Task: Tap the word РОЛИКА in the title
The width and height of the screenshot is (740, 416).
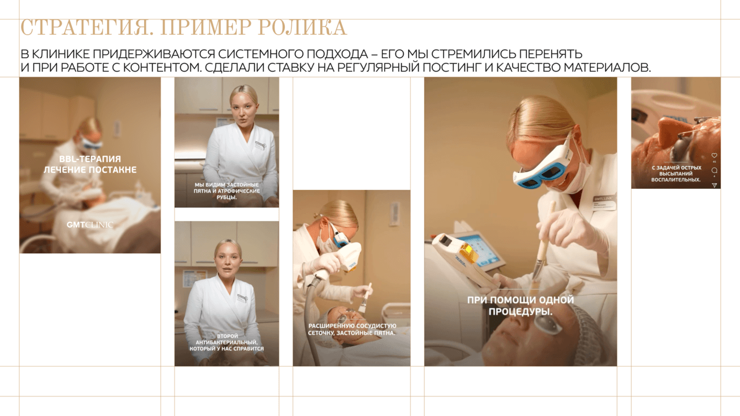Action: tap(302, 28)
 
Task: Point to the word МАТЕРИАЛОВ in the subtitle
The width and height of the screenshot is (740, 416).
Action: tap(607, 68)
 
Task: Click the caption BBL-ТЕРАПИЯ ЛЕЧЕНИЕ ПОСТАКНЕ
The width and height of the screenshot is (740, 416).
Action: tap(90, 164)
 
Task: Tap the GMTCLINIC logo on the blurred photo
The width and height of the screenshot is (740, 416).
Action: tap(90, 225)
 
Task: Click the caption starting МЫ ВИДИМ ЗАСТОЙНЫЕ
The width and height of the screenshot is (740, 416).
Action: tap(226, 191)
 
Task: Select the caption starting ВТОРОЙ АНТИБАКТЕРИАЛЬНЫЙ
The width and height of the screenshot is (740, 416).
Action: tap(226, 342)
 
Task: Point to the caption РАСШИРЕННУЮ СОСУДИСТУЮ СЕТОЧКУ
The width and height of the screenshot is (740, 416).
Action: tap(352, 329)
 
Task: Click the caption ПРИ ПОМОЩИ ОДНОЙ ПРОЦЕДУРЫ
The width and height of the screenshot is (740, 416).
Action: tap(520, 306)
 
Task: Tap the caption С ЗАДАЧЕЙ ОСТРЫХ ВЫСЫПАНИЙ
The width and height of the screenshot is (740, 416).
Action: tap(676, 174)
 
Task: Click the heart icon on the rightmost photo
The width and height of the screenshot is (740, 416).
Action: tap(714, 156)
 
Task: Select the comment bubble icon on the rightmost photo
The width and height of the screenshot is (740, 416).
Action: tap(714, 170)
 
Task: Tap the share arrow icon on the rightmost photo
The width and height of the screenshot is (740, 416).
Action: tap(714, 185)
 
